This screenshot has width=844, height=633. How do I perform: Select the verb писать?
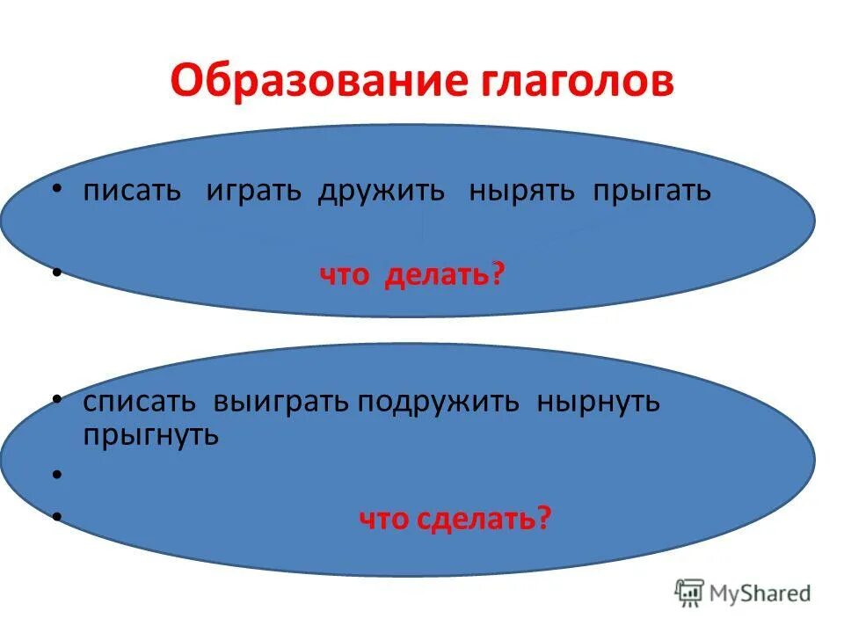click(132, 192)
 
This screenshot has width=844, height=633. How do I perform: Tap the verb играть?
click(254, 192)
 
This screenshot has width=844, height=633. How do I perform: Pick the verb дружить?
click(382, 192)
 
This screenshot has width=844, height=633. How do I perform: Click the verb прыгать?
click(651, 192)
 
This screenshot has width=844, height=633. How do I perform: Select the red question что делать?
click(411, 275)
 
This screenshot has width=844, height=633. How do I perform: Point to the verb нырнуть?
click(598, 403)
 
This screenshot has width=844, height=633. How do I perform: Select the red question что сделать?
click(455, 520)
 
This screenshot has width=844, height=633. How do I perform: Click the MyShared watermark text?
click(761, 593)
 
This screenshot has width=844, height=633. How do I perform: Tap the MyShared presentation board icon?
click(690, 593)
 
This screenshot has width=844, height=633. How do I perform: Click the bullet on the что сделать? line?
click(57, 518)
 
